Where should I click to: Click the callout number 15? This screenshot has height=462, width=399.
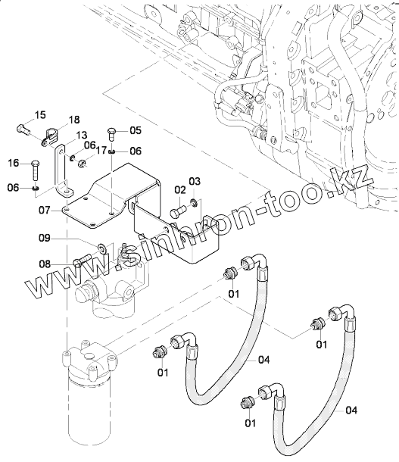[41, 114]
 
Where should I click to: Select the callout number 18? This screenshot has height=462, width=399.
[74, 120]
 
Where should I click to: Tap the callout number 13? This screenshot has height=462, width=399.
[82, 136]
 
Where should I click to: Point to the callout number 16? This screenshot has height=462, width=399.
[14, 163]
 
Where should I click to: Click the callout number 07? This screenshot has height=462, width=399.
[45, 211]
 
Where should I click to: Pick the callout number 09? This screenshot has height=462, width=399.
[45, 238]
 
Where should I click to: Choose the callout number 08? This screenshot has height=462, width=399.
[45, 264]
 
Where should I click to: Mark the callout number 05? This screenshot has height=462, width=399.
[136, 130]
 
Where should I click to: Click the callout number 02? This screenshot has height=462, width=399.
[180, 190]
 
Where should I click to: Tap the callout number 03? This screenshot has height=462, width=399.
[195, 181]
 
